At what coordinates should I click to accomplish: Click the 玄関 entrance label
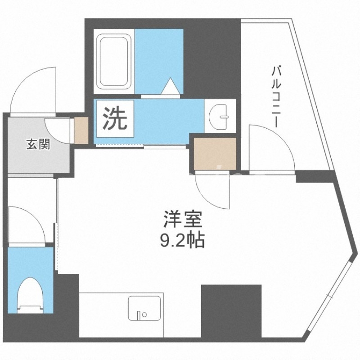pyautogui.click(x=37, y=144)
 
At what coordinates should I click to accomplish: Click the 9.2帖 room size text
pyautogui.click(x=183, y=241)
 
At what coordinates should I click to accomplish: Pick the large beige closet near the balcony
pyautogui.click(x=214, y=151)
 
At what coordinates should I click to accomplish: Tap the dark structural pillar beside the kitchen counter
pyautogui.click(x=231, y=310)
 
